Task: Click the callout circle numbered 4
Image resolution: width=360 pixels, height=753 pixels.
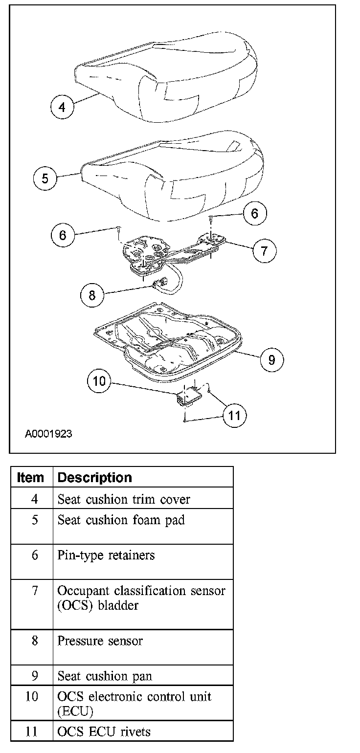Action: [x=62, y=107]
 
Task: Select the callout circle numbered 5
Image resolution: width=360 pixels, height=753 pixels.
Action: [x=45, y=178]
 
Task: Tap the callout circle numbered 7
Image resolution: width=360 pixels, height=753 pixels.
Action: [x=264, y=251]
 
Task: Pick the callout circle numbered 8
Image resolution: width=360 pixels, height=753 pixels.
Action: [x=92, y=295]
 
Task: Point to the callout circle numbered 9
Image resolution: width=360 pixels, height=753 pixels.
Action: [x=271, y=360]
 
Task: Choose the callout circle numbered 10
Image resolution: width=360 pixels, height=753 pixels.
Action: [x=99, y=381]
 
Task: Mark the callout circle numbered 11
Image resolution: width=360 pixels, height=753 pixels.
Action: [x=235, y=416]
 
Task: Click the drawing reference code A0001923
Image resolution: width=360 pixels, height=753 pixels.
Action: [x=48, y=434]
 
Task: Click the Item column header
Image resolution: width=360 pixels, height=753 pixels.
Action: [x=30, y=478]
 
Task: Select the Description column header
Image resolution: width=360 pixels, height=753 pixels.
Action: [x=95, y=478]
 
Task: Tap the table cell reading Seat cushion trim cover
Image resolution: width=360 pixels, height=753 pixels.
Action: [x=124, y=499]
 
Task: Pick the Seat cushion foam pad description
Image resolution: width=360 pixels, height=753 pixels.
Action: [x=121, y=520]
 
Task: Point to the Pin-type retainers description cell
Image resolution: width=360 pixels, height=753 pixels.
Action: [x=106, y=555]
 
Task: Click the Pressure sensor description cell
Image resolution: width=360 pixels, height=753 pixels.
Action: [x=100, y=641]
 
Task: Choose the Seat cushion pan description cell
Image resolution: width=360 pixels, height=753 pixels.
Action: [x=105, y=676]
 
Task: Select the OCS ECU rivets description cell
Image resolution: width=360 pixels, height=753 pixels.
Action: [x=104, y=731]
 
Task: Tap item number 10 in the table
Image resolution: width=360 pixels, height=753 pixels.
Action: [x=31, y=696]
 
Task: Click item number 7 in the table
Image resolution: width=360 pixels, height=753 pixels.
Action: [x=34, y=590]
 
